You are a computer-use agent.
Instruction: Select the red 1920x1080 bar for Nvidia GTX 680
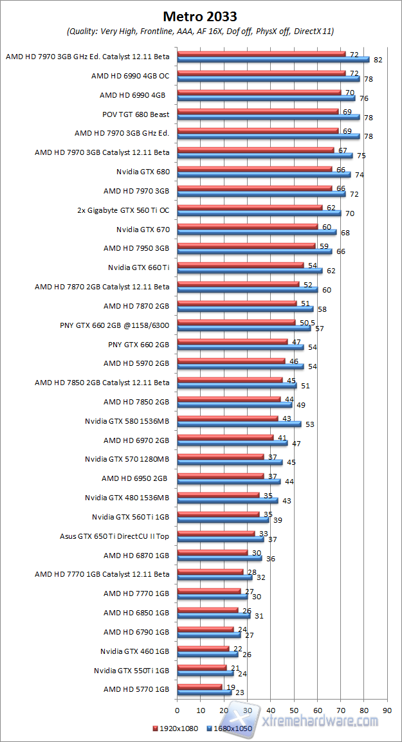point(254,170)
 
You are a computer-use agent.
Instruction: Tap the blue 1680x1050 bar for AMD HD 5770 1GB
point(204,692)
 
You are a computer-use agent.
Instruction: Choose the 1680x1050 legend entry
point(228,728)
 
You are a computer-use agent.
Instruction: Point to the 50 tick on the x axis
point(294,710)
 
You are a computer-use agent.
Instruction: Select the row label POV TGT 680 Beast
point(136,114)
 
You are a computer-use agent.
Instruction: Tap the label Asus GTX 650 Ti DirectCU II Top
point(114,535)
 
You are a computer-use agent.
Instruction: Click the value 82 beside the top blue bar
point(378,60)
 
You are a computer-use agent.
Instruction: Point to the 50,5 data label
point(307,322)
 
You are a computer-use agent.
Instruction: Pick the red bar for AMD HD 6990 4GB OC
point(261,73)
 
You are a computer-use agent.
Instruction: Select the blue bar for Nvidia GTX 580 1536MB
point(239,424)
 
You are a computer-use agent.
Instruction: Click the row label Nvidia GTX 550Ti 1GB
point(131,671)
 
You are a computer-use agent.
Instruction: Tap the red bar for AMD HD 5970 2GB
point(231,361)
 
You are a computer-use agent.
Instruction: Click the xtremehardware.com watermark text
point(322,721)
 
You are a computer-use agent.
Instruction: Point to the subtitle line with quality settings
point(200,31)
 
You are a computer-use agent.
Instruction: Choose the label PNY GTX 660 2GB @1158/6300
point(114,325)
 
